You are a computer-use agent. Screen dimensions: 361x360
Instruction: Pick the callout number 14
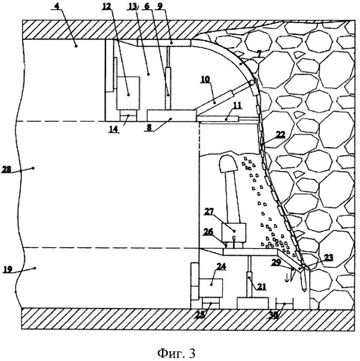pyautogui.click(x=113, y=130)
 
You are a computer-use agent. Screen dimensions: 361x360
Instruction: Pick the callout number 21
pyautogui.click(x=261, y=286)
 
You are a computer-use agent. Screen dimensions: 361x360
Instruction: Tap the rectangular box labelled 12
pyautogui.click(x=128, y=93)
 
